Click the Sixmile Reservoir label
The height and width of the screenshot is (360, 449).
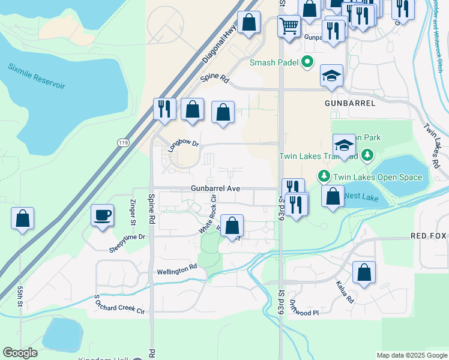click(36, 76)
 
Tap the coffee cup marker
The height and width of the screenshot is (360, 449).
click(102, 215)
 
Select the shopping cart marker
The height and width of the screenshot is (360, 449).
click(289, 26)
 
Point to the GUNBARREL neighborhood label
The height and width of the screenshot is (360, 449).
click(350, 103)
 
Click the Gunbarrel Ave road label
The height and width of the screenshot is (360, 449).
click(216, 188)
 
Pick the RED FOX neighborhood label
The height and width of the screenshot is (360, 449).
click(429, 236)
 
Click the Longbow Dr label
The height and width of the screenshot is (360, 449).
click(183, 146)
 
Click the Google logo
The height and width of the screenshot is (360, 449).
click(20, 353)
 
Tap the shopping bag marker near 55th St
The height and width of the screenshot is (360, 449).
click(22, 218)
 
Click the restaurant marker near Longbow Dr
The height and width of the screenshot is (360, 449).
click(164, 109)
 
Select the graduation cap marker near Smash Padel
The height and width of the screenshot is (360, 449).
click(331, 75)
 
